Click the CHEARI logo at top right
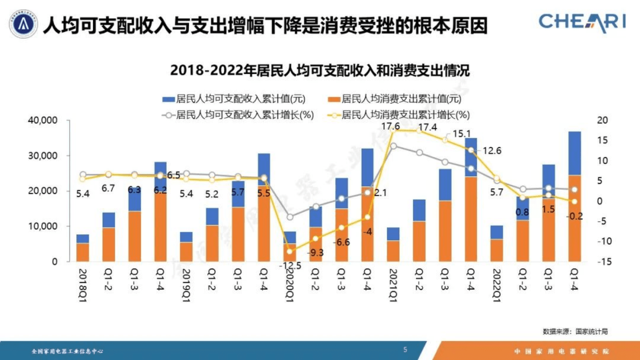tap(582, 22)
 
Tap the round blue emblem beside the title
tap(23, 24)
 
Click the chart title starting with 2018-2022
tap(320, 71)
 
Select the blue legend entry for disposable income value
tap(234, 99)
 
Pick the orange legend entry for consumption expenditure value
tap(395, 99)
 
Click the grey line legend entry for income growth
tap(238, 115)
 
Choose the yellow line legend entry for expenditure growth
tap(399, 115)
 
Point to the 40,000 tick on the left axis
tap(43, 120)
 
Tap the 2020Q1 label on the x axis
tap(290, 285)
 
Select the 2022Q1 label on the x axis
tap(497, 285)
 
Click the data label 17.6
tap(390, 127)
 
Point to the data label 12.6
tap(492, 151)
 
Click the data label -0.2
tap(574, 216)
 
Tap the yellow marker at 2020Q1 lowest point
tap(290, 252)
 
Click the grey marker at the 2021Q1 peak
tap(394, 146)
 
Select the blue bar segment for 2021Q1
tap(393, 234)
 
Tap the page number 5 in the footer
tap(405, 350)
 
